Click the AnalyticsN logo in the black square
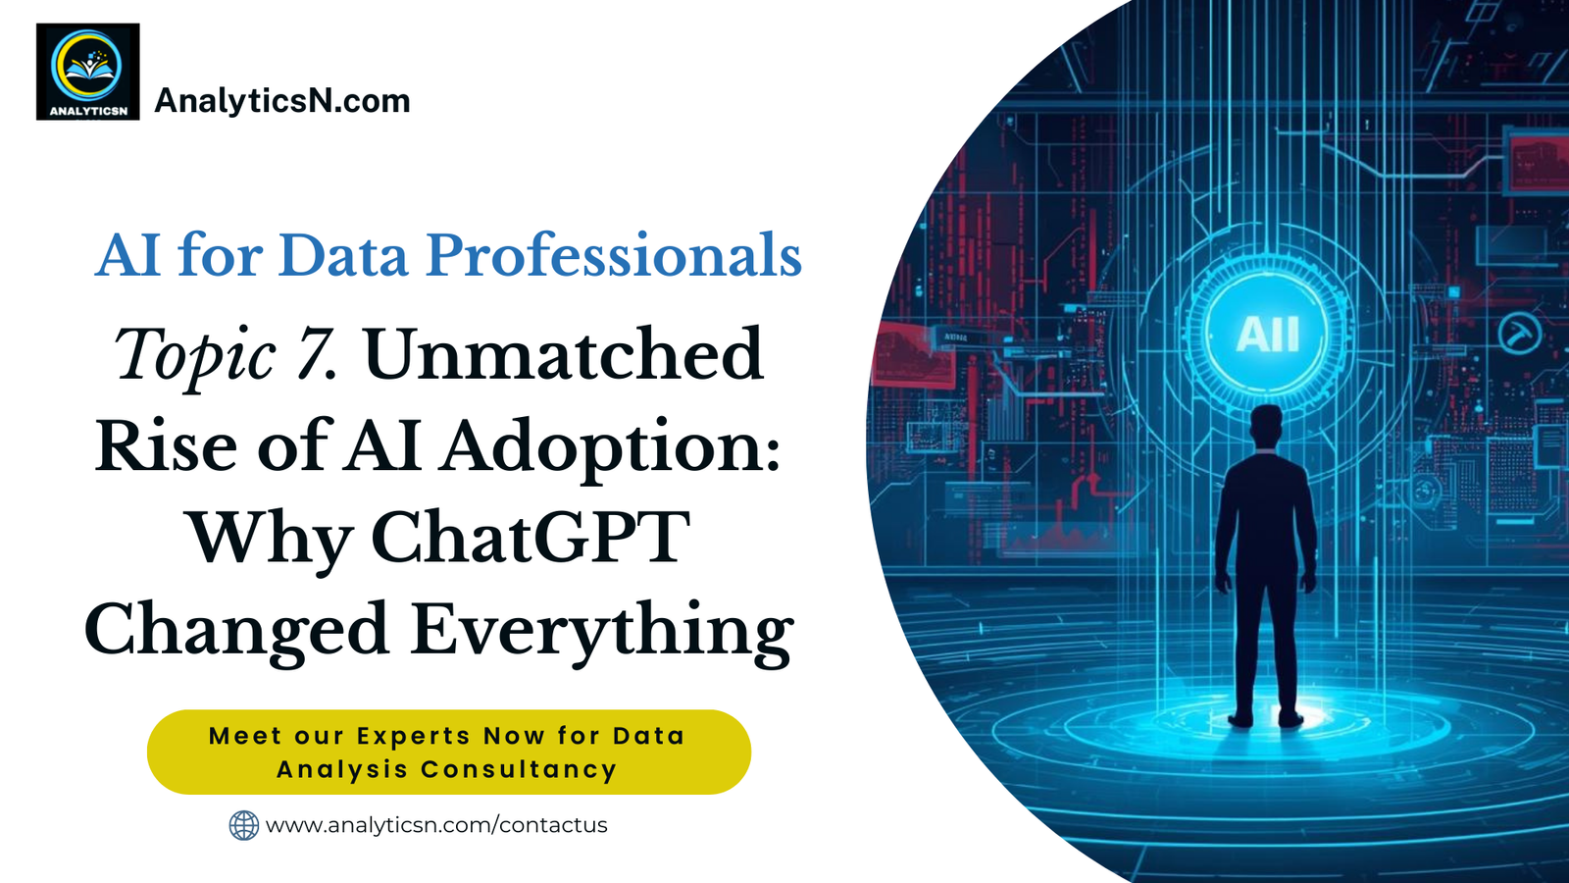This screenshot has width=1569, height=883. [87, 72]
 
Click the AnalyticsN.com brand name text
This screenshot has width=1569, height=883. [282, 101]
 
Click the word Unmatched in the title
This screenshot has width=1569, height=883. [564, 353]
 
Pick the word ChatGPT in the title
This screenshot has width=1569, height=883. [531, 536]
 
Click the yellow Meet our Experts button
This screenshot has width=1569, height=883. [449, 752]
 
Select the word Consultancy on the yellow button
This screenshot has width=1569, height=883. [519, 769]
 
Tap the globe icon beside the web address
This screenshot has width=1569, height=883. [244, 825]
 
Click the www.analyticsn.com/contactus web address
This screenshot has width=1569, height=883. [436, 825]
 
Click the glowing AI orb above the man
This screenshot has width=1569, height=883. [1267, 335]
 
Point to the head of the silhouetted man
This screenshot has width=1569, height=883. [1266, 426]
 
